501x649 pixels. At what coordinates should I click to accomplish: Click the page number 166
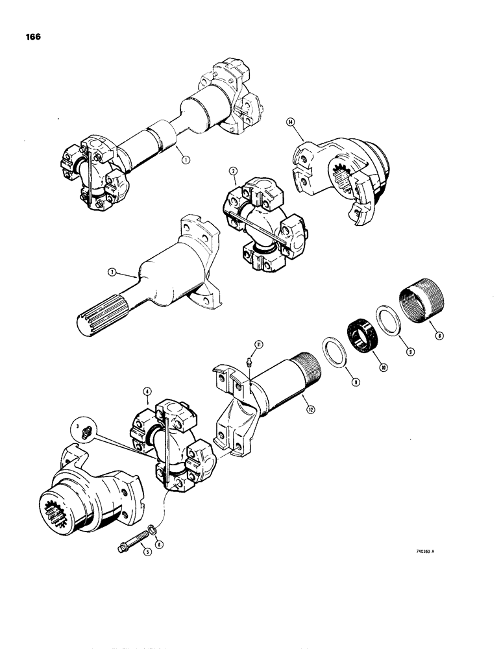coord(32,37)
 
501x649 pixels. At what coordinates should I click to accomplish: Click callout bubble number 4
coord(147,392)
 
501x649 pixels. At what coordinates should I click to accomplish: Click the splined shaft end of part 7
coord(101,320)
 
